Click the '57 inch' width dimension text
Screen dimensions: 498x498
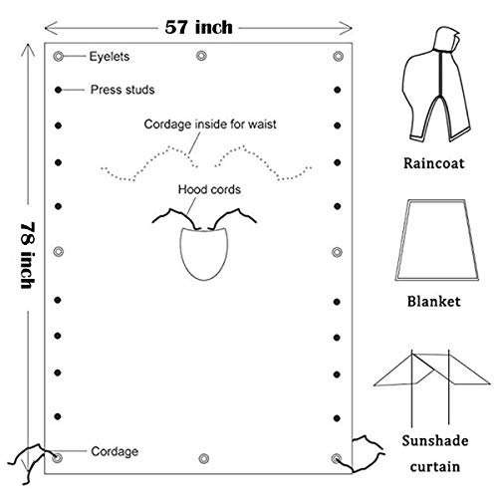tap(198, 27)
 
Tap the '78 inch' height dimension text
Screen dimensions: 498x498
tap(28, 255)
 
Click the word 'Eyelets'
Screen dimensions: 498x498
tap(110, 57)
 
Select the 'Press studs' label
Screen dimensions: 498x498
tap(123, 90)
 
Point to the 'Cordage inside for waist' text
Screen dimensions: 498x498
tap(210, 124)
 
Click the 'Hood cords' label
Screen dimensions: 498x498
tap(209, 189)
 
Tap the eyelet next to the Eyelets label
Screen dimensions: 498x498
tap(58, 56)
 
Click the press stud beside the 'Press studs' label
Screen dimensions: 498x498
tap(58, 90)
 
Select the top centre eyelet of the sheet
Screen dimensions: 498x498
tap(201, 56)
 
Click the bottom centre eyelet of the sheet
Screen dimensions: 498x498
tap(203, 459)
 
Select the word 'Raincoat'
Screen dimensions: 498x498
tap(433, 163)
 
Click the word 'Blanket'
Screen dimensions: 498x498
tap(433, 302)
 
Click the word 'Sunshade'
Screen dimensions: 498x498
tap(435, 441)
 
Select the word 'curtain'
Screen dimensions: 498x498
tap(435, 467)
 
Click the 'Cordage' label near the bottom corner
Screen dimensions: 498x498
tap(115, 451)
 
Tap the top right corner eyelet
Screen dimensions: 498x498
tap(338, 56)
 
